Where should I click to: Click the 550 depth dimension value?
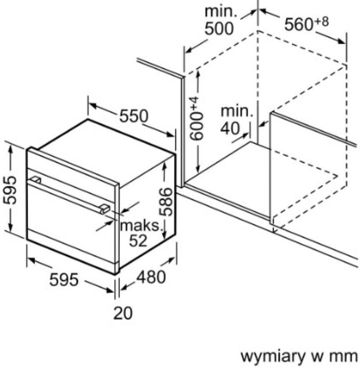coord(134,116)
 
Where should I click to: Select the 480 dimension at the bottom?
coord(151,277)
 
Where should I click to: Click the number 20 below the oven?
coord(123,313)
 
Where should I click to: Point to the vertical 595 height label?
coord(10,190)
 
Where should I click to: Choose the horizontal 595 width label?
coord(64,279)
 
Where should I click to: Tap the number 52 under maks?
coord(138,240)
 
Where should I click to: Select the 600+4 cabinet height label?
coord(196,118)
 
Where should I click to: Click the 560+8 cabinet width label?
coord(306,24)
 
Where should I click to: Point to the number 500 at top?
coord(219,28)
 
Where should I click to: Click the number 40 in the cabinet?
coord(230,128)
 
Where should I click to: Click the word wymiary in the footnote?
coord(273,357)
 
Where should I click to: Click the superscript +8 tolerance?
coord(321,22)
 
